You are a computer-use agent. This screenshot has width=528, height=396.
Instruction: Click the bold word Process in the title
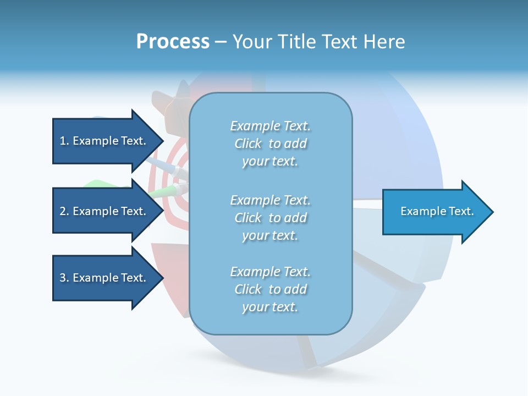click(x=173, y=42)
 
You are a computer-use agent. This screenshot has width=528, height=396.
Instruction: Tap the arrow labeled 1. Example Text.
click(x=103, y=141)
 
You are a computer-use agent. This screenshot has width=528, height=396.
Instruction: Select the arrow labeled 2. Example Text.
click(x=103, y=211)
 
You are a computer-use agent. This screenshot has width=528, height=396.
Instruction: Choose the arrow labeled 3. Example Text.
click(x=103, y=278)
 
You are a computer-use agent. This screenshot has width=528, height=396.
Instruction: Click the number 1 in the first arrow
click(x=63, y=141)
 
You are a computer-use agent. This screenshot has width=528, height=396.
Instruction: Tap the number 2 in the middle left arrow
click(x=63, y=211)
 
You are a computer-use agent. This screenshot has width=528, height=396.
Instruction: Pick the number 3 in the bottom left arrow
click(x=63, y=278)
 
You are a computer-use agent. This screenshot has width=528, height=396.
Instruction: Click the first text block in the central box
click(x=270, y=144)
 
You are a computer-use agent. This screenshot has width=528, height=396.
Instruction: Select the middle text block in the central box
click(x=270, y=218)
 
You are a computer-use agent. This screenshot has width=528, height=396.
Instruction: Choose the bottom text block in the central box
click(x=270, y=289)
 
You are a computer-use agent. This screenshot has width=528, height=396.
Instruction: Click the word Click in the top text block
click(x=248, y=144)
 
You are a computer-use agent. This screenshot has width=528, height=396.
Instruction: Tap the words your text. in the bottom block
click(x=270, y=307)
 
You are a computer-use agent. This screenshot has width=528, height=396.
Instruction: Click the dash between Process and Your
click(x=221, y=42)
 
